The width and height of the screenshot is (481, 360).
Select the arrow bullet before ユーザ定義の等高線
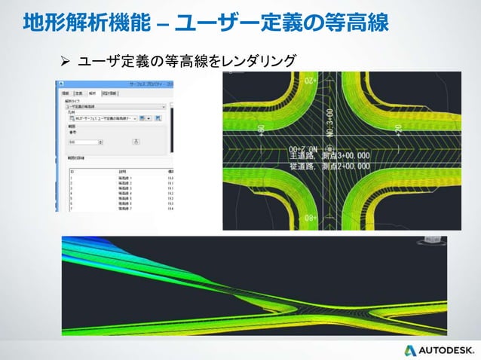pyautogui.click(x=65, y=59)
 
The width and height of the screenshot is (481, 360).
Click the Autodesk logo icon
pyautogui.click(x=410, y=350)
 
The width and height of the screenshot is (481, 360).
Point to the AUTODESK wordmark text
pyautogui.click(x=446, y=350)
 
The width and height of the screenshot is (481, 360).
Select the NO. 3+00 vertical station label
pyautogui.click(x=329, y=121)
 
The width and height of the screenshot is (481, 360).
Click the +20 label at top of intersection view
pyautogui.click(x=310, y=79)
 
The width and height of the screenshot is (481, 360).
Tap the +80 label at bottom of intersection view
pyautogui.click(x=310, y=218)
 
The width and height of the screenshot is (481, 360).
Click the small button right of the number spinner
pyautogui.click(x=135, y=141)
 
